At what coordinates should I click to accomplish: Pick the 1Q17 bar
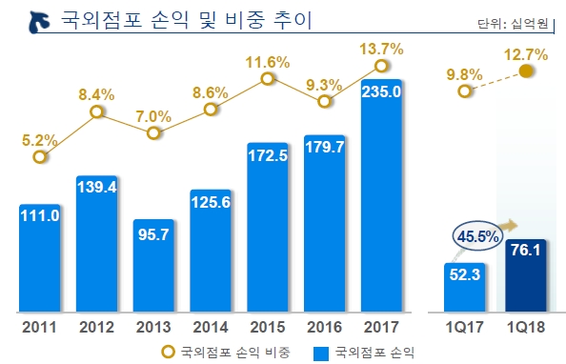coord(464,287)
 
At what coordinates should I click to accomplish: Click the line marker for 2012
coord(96,112)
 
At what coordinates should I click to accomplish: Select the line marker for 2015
coord(268,82)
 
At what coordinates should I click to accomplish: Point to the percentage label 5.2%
coord(40,140)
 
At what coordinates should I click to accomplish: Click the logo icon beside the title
coord(35,19)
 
